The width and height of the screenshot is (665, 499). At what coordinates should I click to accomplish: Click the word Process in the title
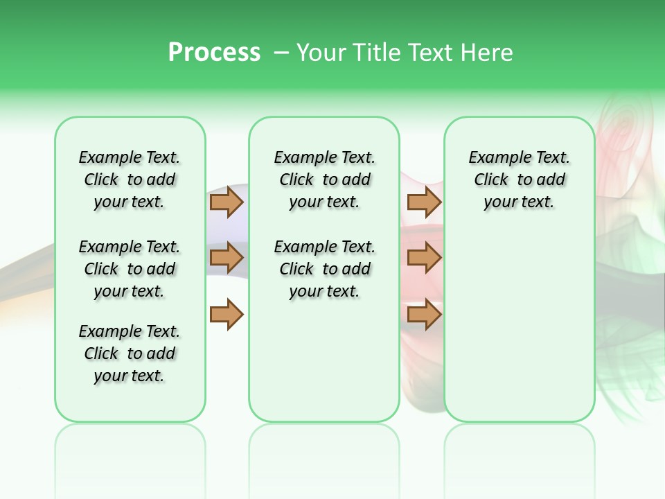pyautogui.click(x=214, y=53)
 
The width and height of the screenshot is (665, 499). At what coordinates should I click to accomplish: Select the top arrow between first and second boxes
pyautogui.click(x=227, y=202)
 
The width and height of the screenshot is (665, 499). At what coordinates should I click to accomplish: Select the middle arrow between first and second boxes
pyautogui.click(x=227, y=258)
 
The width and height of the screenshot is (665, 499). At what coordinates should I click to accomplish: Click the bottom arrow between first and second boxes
pyautogui.click(x=227, y=314)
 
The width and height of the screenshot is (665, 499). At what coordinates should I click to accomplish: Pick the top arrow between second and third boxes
pyautogui.click(x=424, y=202)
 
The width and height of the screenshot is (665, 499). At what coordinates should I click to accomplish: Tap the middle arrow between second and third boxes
pyautogui.click(x=424, y=258)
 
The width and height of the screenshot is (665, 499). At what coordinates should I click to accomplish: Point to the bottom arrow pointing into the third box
pyautogui.click(x=424, y=314)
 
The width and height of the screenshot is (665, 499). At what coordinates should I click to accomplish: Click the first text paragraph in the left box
pyautogui.click(x=130, y=180)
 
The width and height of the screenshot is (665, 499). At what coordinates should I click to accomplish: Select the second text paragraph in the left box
pyautogui.click(x=130, y=269)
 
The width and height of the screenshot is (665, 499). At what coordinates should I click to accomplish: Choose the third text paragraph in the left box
pyautogui.click(x=130, y=353)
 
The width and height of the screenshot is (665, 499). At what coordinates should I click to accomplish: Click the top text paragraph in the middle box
pyautogui.click(x=324, y=180)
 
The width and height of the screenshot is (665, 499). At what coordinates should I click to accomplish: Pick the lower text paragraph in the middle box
pyautogui.click(x=324, y=269)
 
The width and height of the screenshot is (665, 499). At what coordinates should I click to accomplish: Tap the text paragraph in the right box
pyautogui.click(x=519, y=180)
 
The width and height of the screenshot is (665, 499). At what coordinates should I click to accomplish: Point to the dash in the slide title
pyautogui.click(x=281, y=53)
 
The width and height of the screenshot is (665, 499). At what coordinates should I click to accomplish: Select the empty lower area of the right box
pyautogui.click(x=519, y=326)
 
